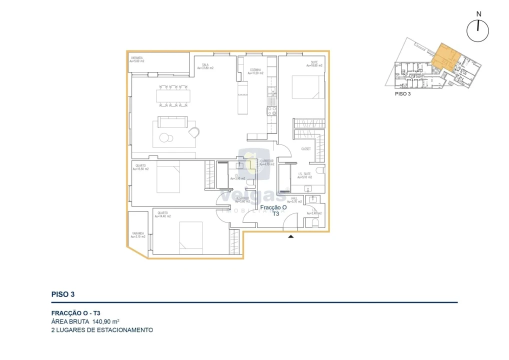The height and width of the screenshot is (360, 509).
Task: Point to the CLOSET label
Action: click(x=305, y=149)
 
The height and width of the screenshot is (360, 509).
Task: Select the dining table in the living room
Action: click(x=172, y=96)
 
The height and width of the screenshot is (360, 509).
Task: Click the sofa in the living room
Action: click(x=172, y=122)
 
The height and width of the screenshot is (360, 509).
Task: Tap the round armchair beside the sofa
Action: click(x=194, y=131)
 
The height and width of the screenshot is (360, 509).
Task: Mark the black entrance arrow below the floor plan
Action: click(x=290, y=236)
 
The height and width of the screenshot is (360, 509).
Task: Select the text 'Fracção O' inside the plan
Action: click(x=273, y=207)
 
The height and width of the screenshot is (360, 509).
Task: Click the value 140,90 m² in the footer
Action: click(x=105, y=321)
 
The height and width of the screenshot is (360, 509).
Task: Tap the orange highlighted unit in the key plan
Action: click(x=443, y=56)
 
